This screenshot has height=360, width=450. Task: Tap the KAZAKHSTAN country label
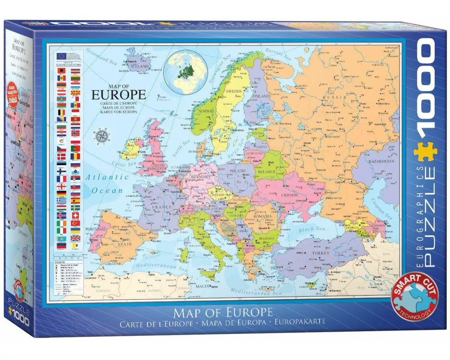382,161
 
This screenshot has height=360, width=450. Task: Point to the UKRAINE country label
290,195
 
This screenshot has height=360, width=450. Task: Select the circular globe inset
185,72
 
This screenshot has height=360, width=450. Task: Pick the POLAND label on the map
237,171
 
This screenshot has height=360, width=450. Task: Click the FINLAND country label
261,96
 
